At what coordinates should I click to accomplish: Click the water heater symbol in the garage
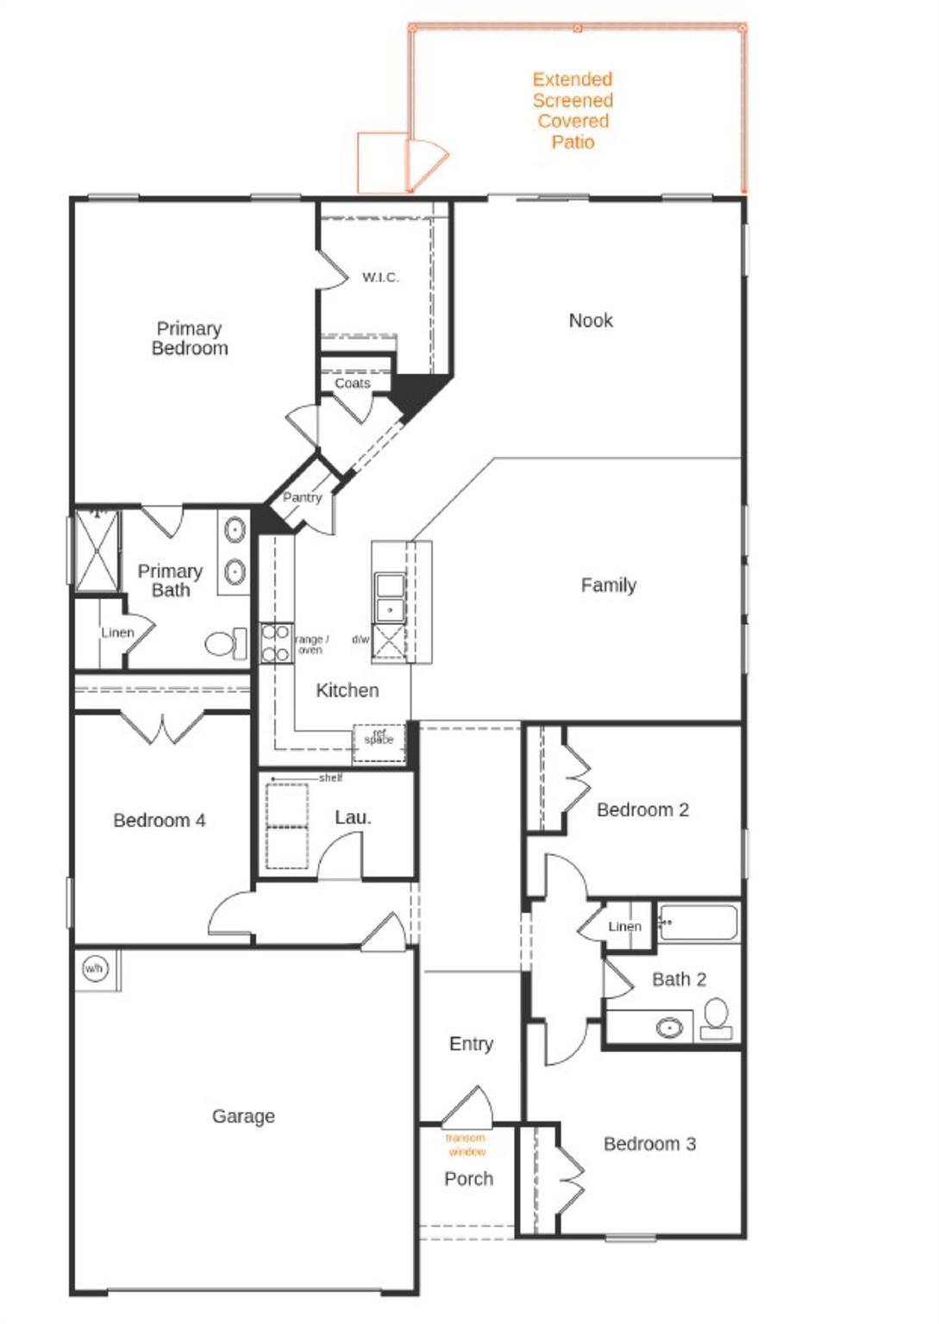coord(94,968)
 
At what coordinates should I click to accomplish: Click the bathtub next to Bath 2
coord(698,922)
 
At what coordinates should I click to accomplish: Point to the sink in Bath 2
coord(669,1027)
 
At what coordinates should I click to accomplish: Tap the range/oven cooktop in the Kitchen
coord(276,643)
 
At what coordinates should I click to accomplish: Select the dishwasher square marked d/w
coord(389,642)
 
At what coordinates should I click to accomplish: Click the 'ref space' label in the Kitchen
coord(379,738)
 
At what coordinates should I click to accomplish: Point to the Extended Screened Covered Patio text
coord(573,110)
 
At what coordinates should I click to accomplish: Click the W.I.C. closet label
coord(380,277)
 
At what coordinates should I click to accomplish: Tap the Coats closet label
coord(352,383)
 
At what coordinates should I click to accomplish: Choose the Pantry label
coord(302,497)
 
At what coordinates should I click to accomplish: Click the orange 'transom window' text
coord(466,1145)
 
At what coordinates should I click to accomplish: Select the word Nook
coord(591,321)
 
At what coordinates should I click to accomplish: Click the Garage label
coord(243,1116)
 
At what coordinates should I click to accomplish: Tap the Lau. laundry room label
coord(353,817)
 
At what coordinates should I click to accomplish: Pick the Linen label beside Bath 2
coord(624,927)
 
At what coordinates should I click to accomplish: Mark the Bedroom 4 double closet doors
coord(162,727)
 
